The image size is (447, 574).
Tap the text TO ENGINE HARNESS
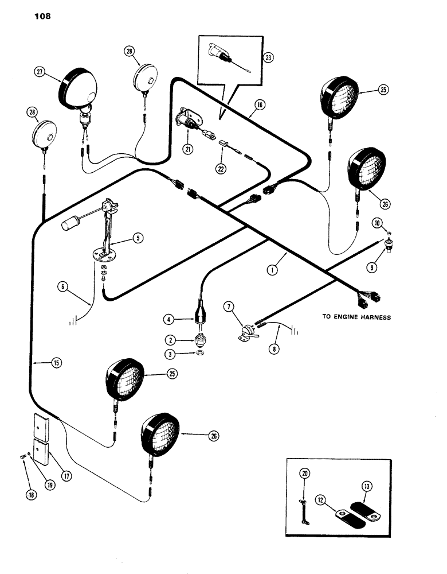(356, 317)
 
